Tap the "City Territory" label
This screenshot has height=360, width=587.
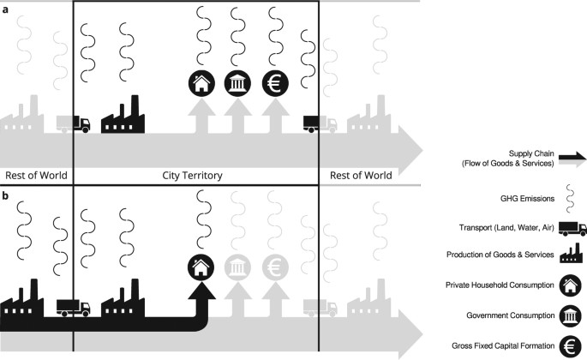pos(193,175)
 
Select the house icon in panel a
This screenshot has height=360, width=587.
pos(201,83)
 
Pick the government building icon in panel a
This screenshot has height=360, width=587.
pos(237,83)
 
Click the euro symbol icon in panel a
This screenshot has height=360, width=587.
pos(275,83)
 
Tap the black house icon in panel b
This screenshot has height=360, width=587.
pos(201,268)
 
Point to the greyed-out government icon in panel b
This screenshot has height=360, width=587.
pos(237,268)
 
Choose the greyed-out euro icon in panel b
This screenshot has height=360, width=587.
pos(275,268)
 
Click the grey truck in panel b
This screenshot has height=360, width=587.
pos(320,309)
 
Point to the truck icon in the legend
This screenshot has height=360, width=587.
pos(572,228)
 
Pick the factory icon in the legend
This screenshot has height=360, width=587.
pos(572,256)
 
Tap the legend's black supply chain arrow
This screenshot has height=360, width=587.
pos(572,157)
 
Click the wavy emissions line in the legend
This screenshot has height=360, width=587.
pos(572,198)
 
